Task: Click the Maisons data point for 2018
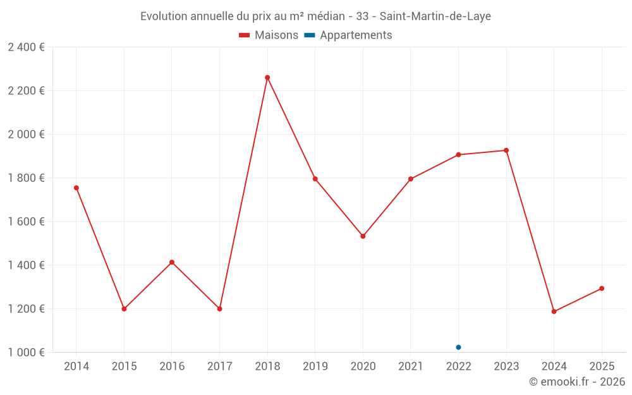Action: click(267, 78)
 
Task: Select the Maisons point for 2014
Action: click(76, 188)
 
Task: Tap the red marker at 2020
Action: click(363, 236)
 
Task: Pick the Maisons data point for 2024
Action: click(554, 312)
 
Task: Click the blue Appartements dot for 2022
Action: click(458, 347)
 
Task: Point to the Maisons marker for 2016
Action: click(172, 262)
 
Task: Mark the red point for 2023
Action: click(506, 150)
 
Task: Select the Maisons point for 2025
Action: click(602, 288)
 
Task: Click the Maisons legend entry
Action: click(269, 35)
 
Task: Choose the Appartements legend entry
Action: click(348, 35)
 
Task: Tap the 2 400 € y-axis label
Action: click(26, 47)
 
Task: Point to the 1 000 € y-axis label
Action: click(26, 353)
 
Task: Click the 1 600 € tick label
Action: click(26, 222)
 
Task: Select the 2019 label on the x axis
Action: click(315, 367)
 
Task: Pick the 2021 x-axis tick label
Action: click(411, 367)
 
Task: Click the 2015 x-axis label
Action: click(124, 367)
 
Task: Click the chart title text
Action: click(315, 16)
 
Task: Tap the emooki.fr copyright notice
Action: click(576, 382)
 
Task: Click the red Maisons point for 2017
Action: click(219, 309)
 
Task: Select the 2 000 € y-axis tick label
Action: click(26, 135)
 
